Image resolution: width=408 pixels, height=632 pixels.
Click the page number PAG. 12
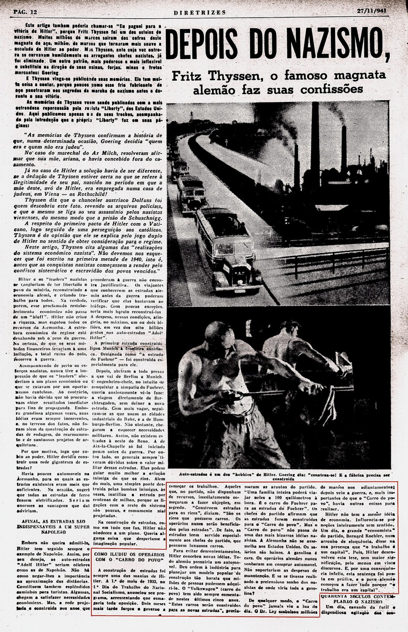pyautogui.click(x=25, y=12)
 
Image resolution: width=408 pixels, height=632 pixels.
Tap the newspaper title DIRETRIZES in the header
pyautogui.click(x=200, y=12)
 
